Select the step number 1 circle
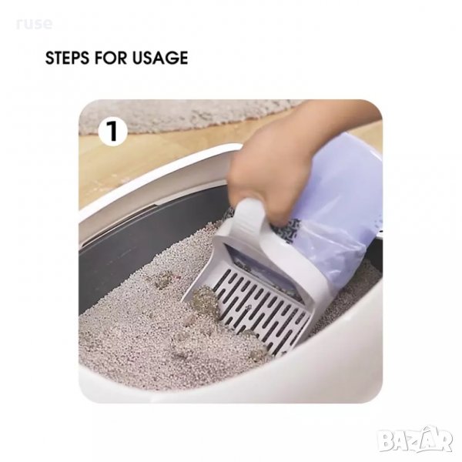(112, 132)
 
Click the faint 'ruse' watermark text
(35, 24)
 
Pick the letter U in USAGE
(139, 58)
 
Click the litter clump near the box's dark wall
(163, 280)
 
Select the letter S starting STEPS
(50, 58)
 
